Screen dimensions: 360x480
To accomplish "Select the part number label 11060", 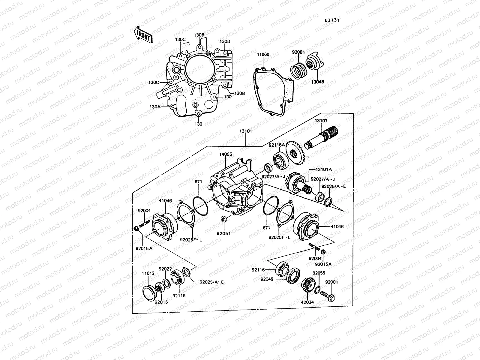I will pyautogui.click(x=263, y=55).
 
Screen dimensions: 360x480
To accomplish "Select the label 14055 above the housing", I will pyautogui.click(x=226, y=154).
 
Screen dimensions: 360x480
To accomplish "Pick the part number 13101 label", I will pyautogui.click(x=246, y=131).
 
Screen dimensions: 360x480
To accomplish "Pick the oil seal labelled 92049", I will pyautogui.click(x=293, y=276).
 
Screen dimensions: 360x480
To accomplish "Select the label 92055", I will pyautogui.click(x=319, y=273).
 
